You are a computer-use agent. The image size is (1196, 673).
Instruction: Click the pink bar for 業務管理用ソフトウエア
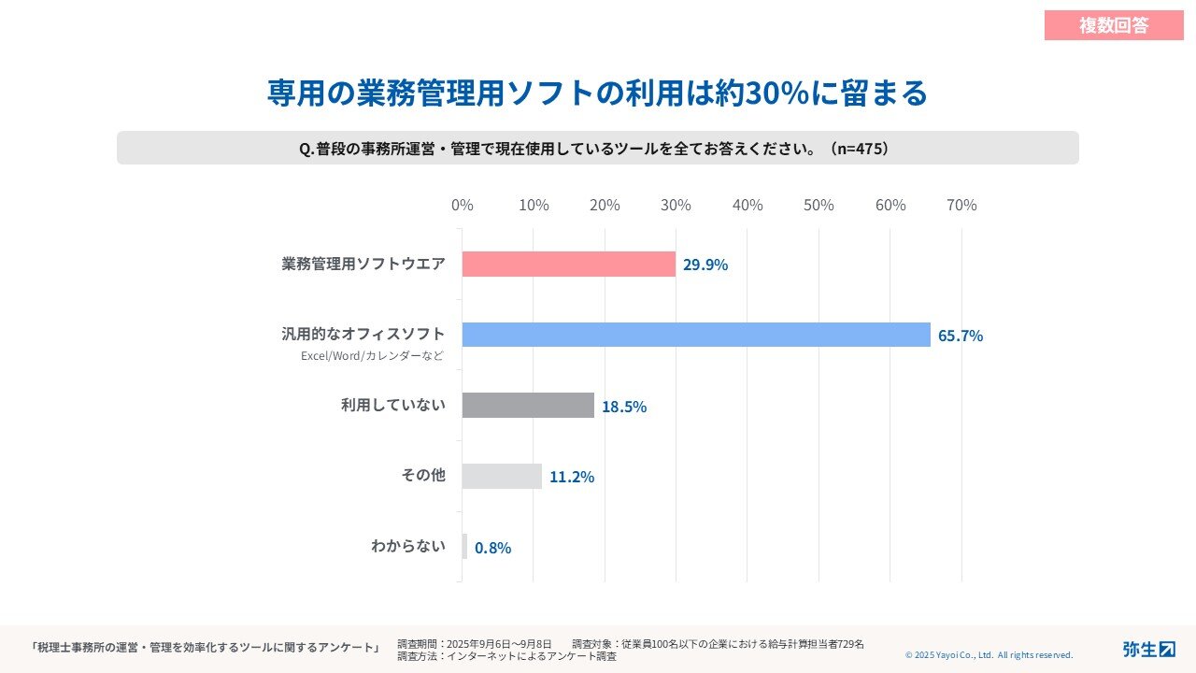(x=568, y=265)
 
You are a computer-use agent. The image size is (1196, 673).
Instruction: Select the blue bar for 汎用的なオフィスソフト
(x=696, y=335)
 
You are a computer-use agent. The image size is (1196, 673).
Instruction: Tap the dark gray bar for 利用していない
(x=528, y=405)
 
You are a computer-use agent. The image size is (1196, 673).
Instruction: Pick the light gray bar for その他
(x=502, y=476)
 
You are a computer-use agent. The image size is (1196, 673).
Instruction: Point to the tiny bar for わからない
(x=464, y=547)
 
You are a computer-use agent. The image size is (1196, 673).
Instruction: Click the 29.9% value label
(x=705, y=265)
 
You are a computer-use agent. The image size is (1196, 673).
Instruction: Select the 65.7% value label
(x=961, y=336)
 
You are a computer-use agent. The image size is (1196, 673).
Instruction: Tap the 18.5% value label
(x=624, y=407)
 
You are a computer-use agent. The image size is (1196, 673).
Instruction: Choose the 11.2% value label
(x=572, y=477)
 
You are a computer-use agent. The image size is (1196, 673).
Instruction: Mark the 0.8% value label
(x=492, y=548)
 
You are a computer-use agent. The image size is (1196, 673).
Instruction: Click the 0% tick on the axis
(x=463, y=205)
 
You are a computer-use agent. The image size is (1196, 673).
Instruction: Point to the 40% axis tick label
(x=747, y=205)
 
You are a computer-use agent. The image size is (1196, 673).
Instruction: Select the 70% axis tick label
(x=961, y=205)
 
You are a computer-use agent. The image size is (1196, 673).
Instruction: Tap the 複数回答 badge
(x=1114, y=25)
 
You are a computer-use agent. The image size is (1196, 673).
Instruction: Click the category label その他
(x=423, y=475)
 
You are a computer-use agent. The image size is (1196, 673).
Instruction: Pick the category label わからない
(x=408, y=546)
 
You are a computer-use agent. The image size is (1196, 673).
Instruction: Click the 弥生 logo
(x=1148, y=649)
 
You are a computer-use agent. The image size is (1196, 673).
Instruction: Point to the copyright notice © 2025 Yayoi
(x=989, y=655)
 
